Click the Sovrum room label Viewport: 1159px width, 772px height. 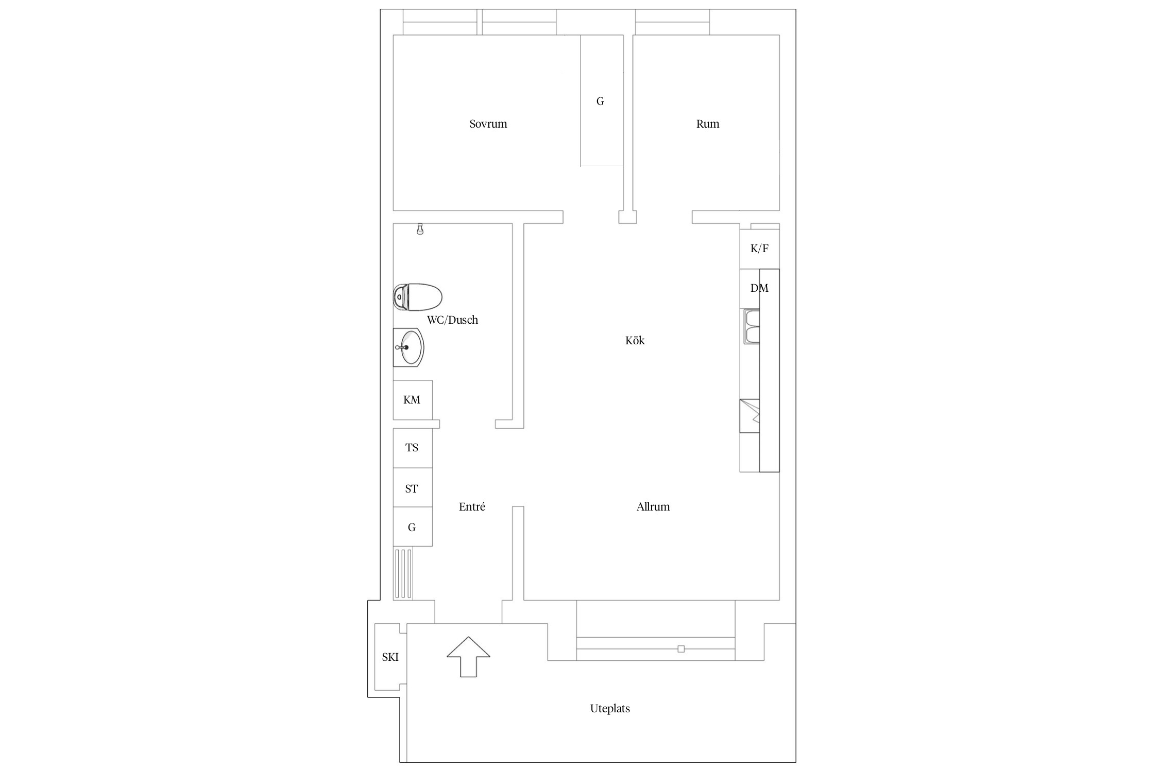(488, 124)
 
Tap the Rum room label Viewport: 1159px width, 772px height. (707, 124)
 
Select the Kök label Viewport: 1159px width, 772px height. (635, 340)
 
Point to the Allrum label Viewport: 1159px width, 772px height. (653, 506)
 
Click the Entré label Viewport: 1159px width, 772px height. (472, 506)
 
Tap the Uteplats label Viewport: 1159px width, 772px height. (610, 708)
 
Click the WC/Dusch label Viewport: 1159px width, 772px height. (452, 320)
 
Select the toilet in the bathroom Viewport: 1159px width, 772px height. (418, 297)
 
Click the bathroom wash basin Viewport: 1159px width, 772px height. (408, 347)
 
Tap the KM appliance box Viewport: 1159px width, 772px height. (413, 400)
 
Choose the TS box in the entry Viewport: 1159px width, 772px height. (413, 448)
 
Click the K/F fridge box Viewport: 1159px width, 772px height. (759, 249)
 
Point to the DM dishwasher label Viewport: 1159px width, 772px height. (759, 288)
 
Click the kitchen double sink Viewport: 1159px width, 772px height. (752, 326)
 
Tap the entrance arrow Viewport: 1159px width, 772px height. (468, 657)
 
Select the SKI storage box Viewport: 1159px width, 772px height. (390, 657)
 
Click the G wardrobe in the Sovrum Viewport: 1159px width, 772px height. (602, 101)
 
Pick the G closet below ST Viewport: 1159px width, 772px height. (413, 527)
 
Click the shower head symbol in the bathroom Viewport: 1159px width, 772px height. (420, 230)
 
